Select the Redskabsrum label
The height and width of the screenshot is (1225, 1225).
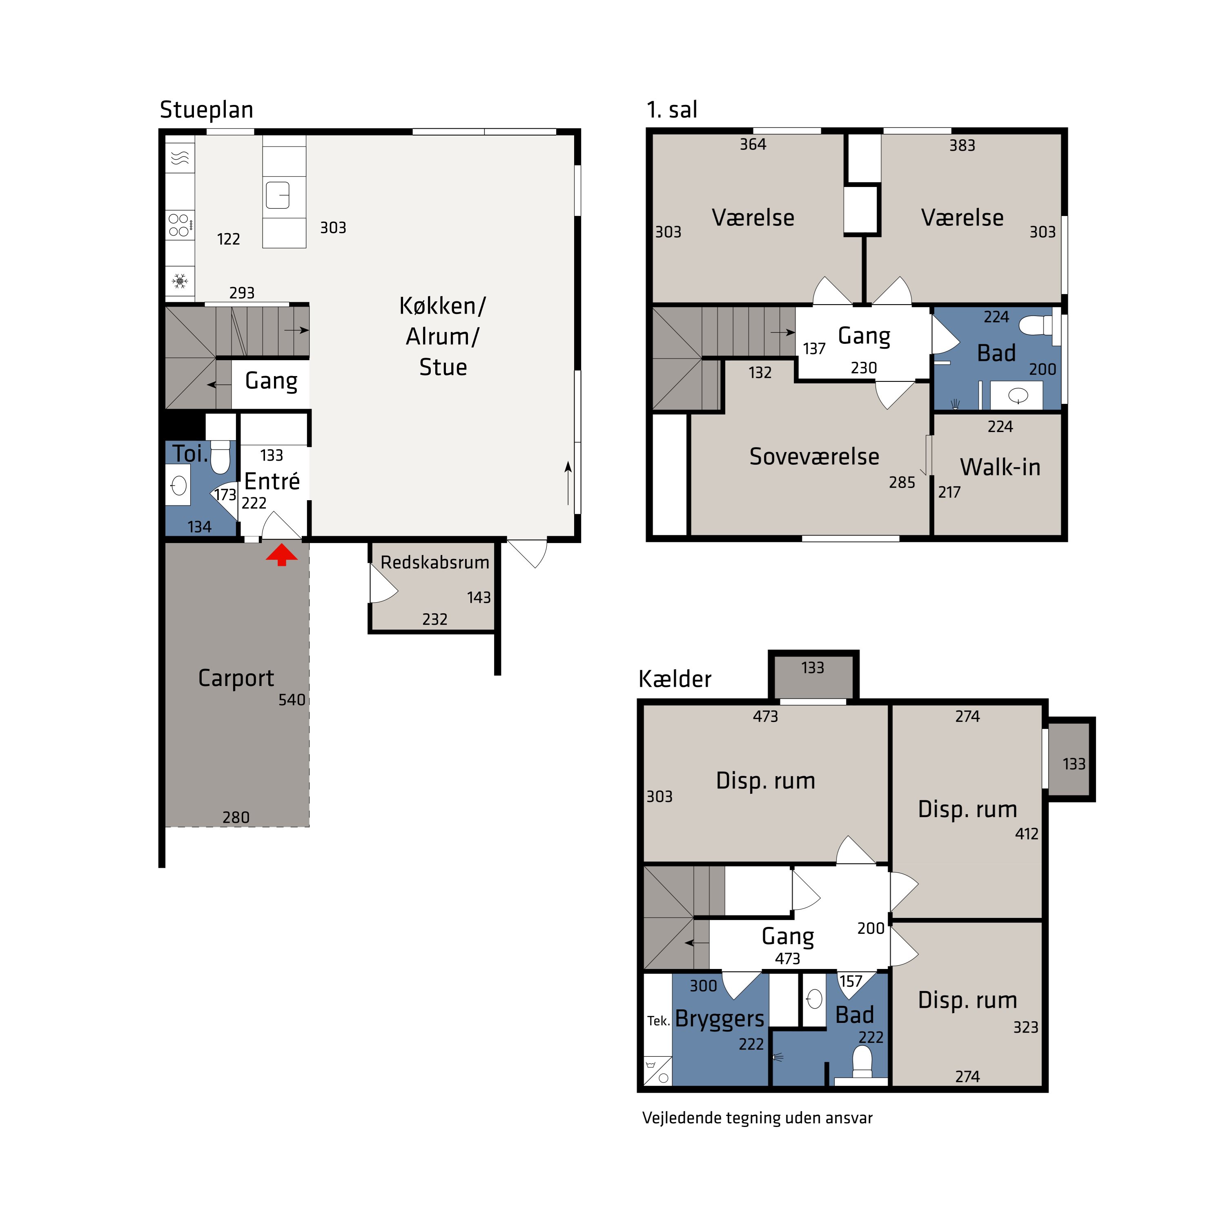click(x=435, y=562)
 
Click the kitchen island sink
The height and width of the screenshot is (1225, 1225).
click(x=278, y=195)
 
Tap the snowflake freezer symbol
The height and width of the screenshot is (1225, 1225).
click(x=180, y=280)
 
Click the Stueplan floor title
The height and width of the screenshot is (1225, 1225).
click(x=207, y=110)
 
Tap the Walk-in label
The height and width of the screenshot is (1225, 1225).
click(x=1000, y=467)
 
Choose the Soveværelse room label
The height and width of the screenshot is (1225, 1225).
click(x=814, y=457)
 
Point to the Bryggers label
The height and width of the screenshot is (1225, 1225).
click(x=719, y=1019)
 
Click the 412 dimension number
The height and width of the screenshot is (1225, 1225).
click(x=1027, y=834)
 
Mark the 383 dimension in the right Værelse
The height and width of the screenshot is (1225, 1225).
click(x=962, y=145)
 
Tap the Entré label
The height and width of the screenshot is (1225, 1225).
click(x=272, y=481)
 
